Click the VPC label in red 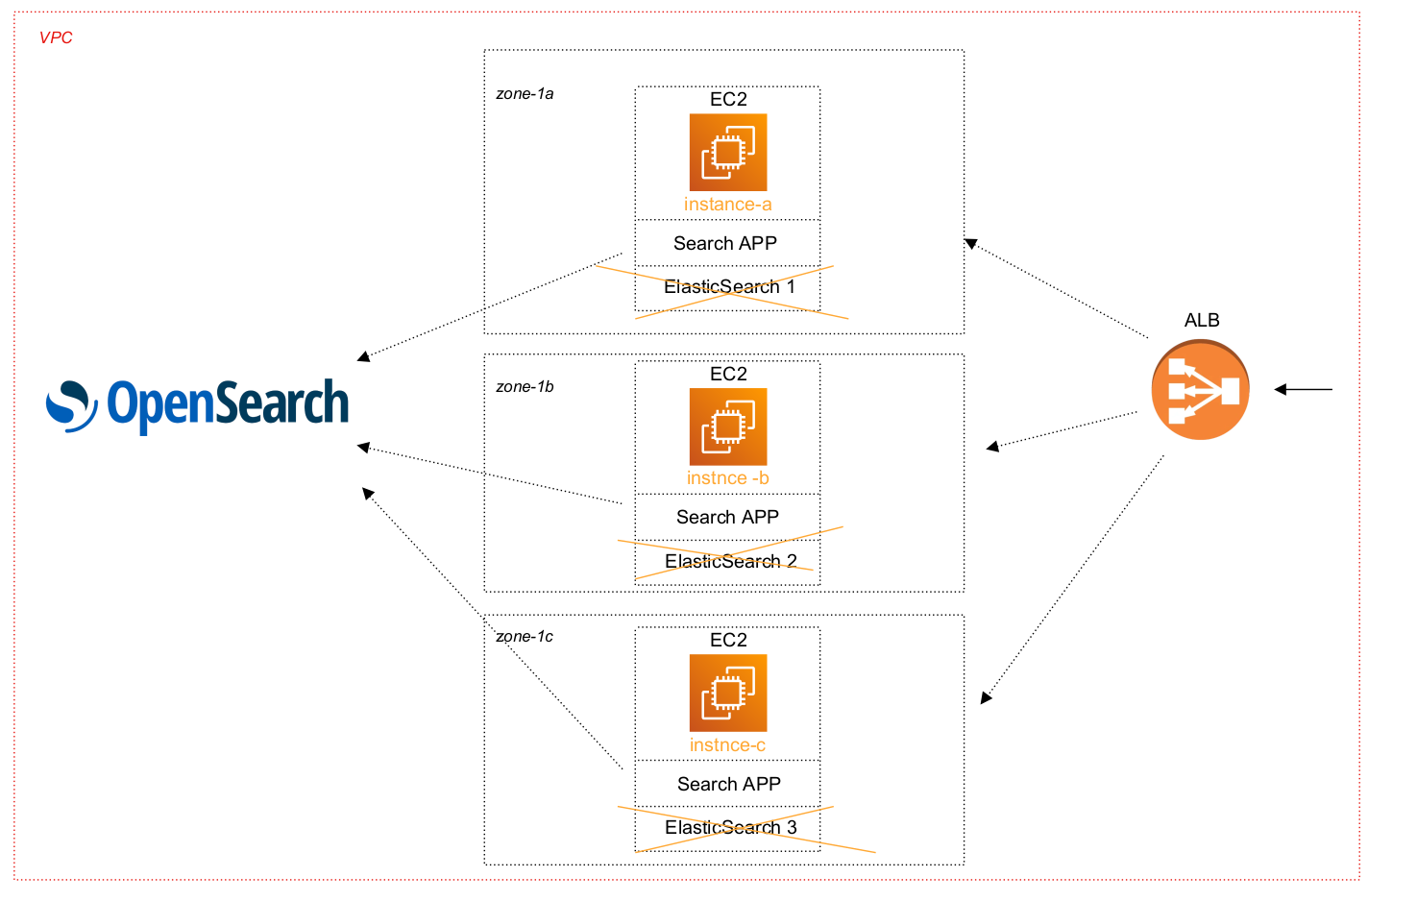pos(56,37)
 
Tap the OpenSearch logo pos(198,404)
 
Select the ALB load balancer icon pos(1200,391)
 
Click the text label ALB pos(1202,320)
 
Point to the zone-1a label pos(525,94)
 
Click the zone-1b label pos(525,387)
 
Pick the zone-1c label pos(525,637)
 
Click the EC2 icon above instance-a pos(728,153)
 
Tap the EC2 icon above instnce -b pos(728,426)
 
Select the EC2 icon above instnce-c pos(728,693)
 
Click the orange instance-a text pos(727,205)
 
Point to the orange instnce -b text pos(727,478)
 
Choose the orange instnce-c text pos(727,745)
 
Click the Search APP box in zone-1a pos(726,243)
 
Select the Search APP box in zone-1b pos(727,517)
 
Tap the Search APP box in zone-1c pos(728,784)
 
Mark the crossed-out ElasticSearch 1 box pos(728,287)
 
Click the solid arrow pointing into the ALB pos(1304,389)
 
